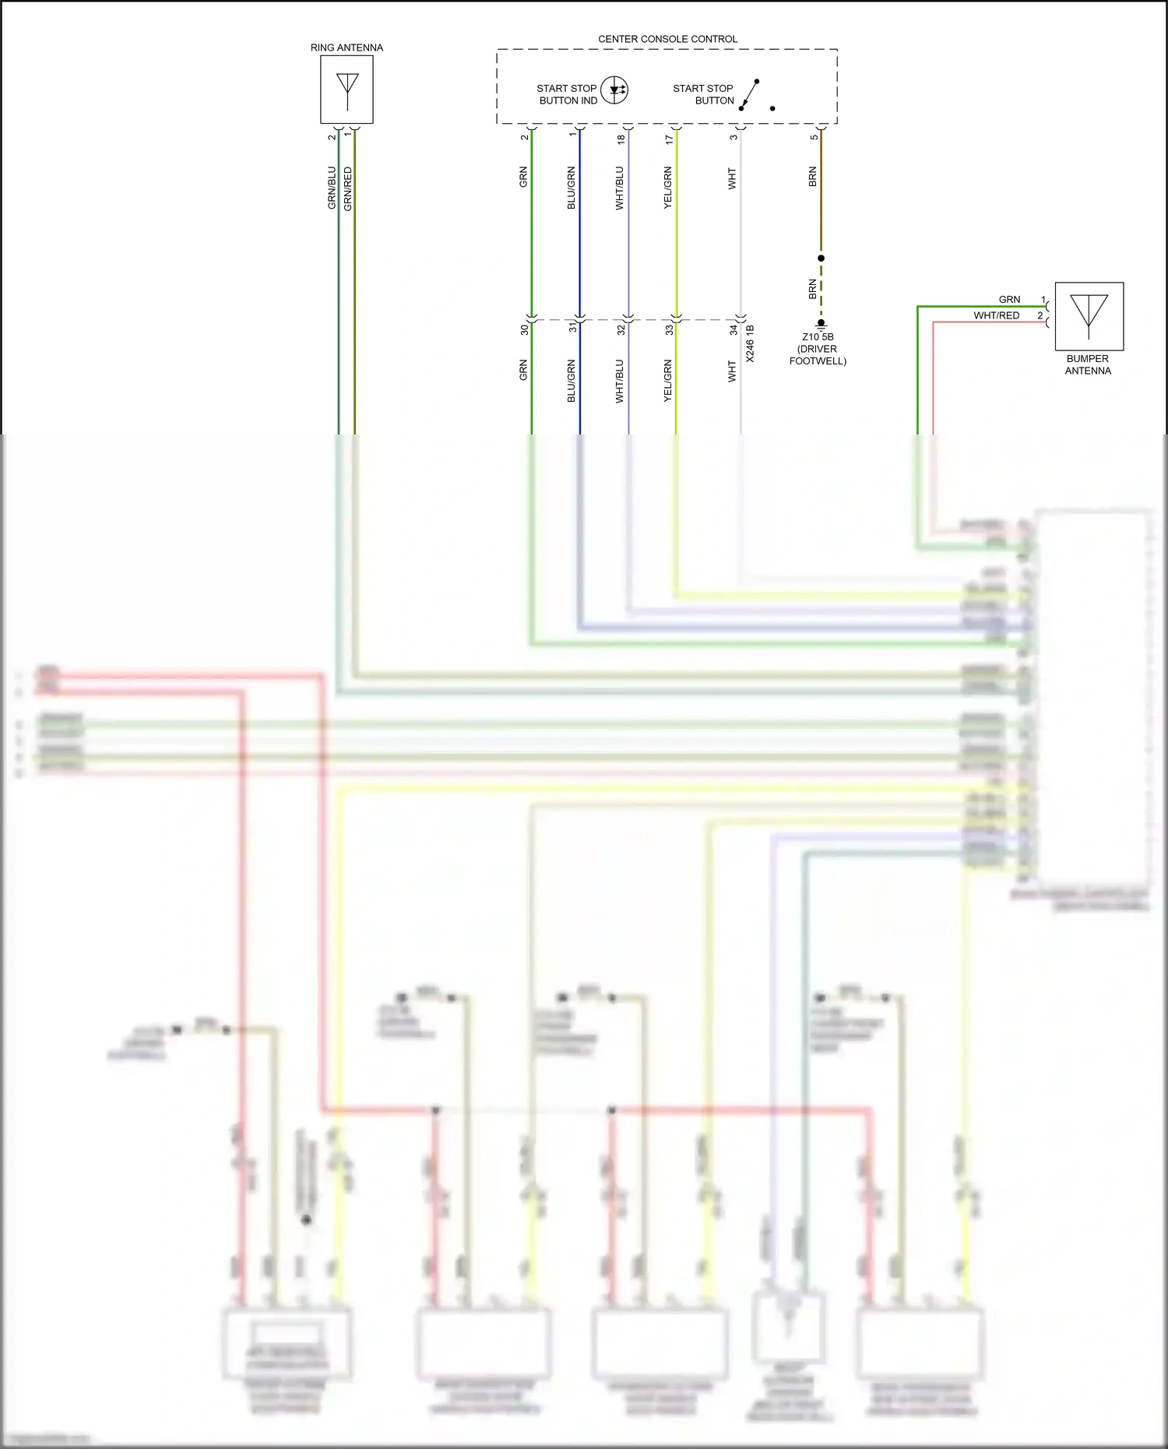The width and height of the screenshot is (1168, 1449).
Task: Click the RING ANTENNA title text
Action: (x=347, y=47)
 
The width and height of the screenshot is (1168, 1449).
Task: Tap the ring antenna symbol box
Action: (x=347, y=90)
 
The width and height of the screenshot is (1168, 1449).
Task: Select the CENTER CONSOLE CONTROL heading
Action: (x=667, y=39)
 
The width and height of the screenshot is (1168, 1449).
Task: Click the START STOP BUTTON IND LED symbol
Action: (x=615, y=90)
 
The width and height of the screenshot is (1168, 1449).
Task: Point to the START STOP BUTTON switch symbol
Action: (x=750, y=95)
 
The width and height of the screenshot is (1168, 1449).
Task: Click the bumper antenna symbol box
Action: (x=1089, y=316)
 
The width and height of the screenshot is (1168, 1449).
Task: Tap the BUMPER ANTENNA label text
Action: (x=1088, y=364)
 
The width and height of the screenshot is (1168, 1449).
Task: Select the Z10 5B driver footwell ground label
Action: (x=818, y=349)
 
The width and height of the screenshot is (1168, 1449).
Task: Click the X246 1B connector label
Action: (x=750, y=343)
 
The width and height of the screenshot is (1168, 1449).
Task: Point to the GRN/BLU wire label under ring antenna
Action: (x=332, y=188)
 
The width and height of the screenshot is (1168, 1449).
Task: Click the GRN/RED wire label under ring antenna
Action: (x=348, y=188)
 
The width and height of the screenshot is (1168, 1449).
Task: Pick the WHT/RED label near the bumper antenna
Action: (x=996, y=315)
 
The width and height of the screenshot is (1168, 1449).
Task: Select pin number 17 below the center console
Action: (x=669, y=139)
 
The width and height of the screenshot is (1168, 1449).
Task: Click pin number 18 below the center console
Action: (x=621, y=139)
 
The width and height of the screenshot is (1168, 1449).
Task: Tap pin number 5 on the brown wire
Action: (x=814, y=138)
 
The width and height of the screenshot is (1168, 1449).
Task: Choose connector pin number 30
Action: (x=524, y=330)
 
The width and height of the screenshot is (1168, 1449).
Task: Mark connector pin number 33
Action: (x=669, y=330)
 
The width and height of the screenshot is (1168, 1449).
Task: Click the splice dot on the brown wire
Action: (x=821, y=258)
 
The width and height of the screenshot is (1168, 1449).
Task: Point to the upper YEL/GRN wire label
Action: (x=667, y=187)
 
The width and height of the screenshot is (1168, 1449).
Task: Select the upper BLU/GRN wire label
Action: (x=571, y=187)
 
